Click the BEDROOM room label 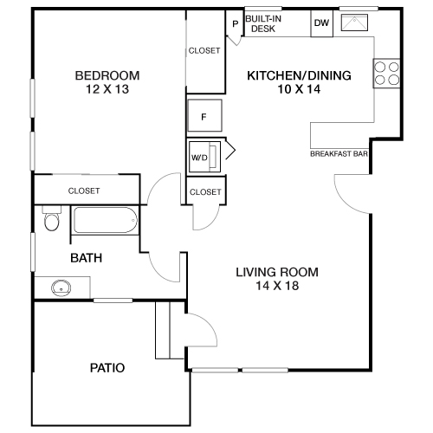coord(107,74)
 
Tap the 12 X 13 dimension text coord(107,89)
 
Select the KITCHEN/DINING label coord(299,75)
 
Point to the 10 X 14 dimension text coord(299,90)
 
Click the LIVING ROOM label coord(277,272)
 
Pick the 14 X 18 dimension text coord(277,287)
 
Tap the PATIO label coord(107,368)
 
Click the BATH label coord(87,257)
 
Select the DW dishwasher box coord(320,23)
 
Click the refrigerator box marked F coord(204,115)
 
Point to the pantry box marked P coord(234,23)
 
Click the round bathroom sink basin coord(61,287)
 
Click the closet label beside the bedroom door coord(204,191)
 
